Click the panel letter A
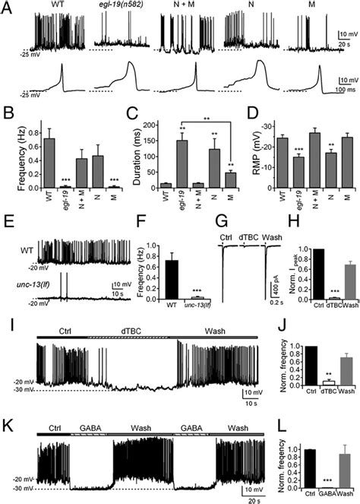7,7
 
